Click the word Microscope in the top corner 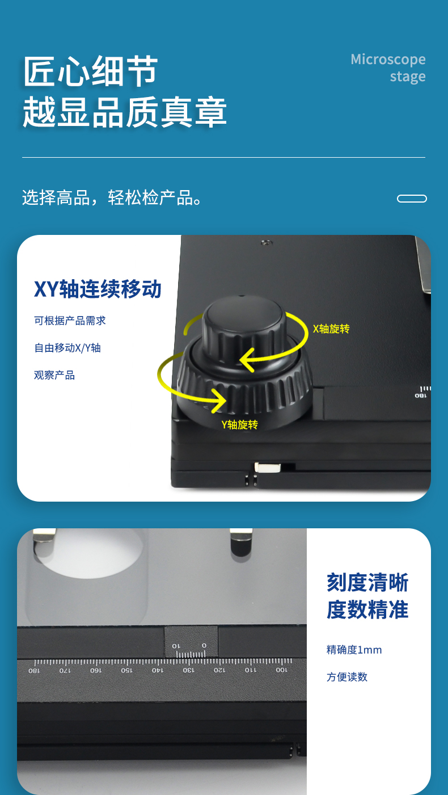pos(388,60)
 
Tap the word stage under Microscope pos(408,77)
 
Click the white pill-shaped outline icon pos(412,199)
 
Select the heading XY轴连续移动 pos(98,289)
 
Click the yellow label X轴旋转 pos(331,329)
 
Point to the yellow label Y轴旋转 pos(239,424)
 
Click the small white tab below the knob pos(268,467)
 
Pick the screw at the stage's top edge pos(266,243)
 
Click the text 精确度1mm pos(354,650)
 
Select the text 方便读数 pos(347,677)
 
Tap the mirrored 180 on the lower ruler pos(34,670)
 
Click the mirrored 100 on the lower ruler pos(281,670)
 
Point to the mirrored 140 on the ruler pos(158,670)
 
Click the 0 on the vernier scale pos(204,646)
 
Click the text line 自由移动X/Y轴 pos(67,348)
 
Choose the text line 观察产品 pos(54,375)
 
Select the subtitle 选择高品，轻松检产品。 pos(112,197)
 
